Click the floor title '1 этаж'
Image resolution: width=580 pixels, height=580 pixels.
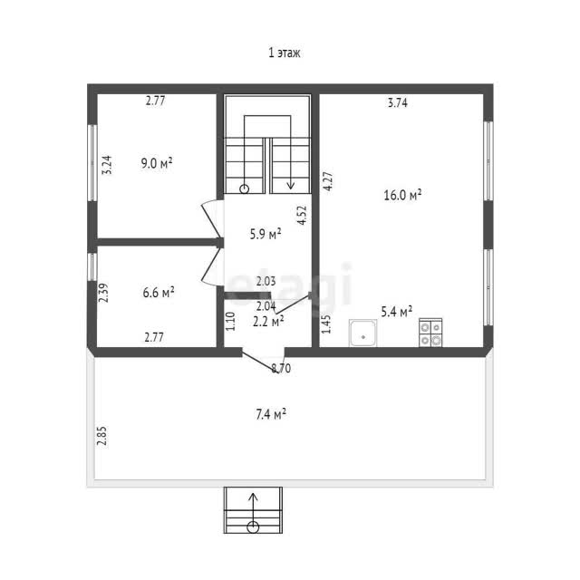click(284, 53)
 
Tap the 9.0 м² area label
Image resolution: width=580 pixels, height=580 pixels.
click(157, 163)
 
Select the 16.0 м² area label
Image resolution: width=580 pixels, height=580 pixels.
click(402, 195)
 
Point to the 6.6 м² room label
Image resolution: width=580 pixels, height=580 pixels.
click(159, 293)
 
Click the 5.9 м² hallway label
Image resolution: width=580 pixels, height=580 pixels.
click(266, 234)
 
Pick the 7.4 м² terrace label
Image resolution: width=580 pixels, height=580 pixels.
click(271, 414)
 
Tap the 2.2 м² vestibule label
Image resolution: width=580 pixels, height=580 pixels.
click(268, 322)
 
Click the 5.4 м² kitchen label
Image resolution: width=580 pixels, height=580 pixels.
click(397, 312)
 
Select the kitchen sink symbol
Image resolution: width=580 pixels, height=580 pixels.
click(362, 333)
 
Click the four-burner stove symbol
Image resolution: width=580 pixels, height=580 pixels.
click(430, 333)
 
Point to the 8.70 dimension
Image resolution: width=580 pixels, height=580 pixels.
click(281, 369)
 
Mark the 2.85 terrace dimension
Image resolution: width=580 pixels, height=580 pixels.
click(101, 436)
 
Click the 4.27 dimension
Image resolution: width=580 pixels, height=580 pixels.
click(328, 181)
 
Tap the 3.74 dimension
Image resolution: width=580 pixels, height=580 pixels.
click(398, 102)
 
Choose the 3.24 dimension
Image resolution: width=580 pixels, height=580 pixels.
click(107, 165)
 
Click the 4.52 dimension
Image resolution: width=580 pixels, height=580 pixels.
click(302, 216)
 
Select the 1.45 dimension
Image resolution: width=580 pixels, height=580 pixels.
click(326, 324)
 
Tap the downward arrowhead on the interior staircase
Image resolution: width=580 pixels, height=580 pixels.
click(291, 185)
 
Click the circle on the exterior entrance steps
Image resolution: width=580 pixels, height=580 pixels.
click(253, 527)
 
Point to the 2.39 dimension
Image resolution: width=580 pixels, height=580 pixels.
click(104, 293)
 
